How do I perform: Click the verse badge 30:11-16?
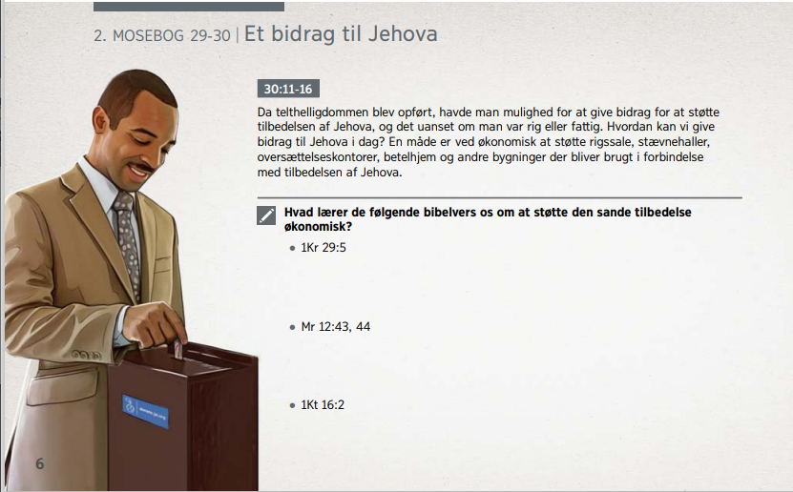point(288,89)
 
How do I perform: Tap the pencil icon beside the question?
point(266,215)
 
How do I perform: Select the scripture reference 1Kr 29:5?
point(323,248)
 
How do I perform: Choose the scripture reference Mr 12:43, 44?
point(335,327)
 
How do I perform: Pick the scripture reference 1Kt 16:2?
point(323,404)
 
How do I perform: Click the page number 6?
point(40,463)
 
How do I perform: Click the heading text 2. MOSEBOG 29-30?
point(162,36)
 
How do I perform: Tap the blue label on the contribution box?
point(145,412)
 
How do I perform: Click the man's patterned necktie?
point(126,242)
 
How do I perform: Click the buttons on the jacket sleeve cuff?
point(87,355)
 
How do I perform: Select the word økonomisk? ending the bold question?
point(318,227)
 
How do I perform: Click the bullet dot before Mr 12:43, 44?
point(292,327)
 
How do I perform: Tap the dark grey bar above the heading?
point(189,6)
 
